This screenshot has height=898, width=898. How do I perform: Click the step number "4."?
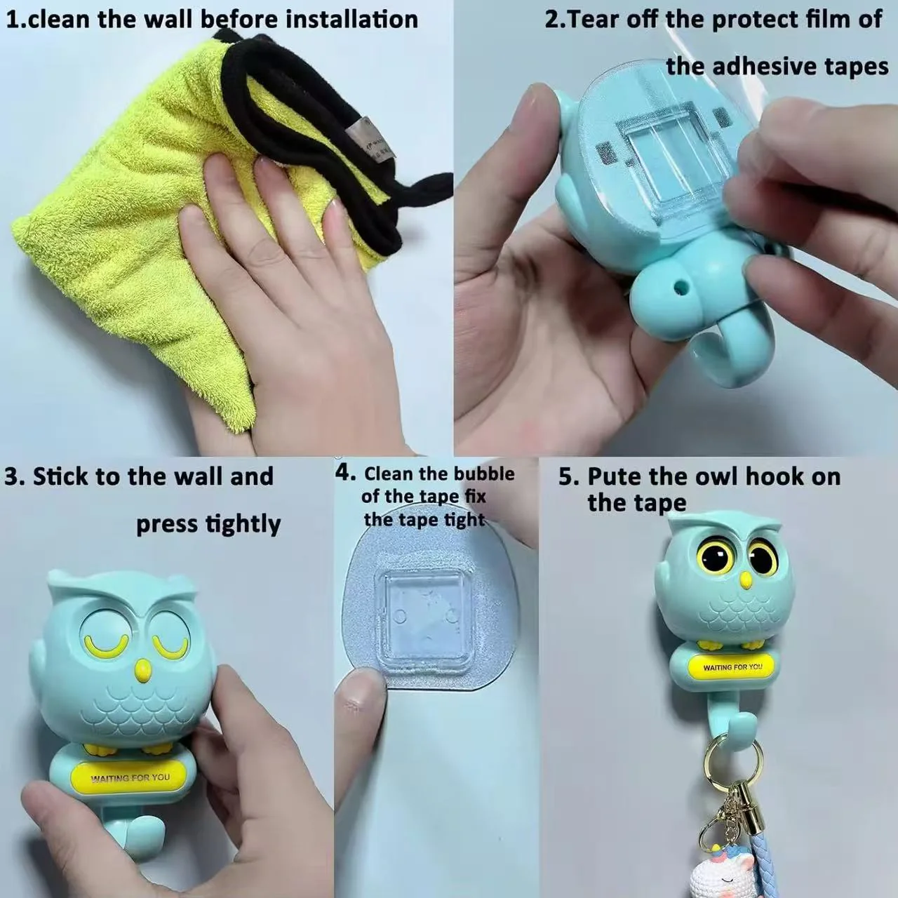pyautogui.click(x=345, y=473)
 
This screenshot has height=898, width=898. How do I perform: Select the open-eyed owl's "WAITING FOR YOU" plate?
pyautogui.click(x=732, y=667)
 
